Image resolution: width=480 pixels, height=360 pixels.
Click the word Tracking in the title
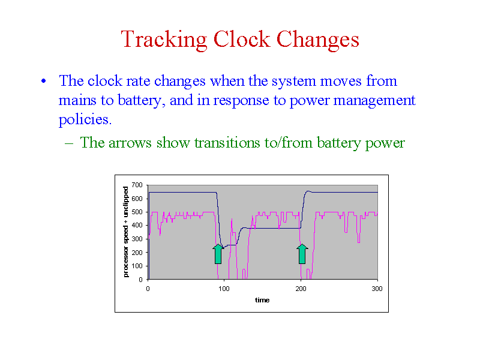click(x=164, y=40)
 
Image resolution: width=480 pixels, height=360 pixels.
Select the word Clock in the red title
click(x=242, y=39)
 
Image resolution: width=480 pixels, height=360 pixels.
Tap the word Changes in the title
click(x=318, y=40)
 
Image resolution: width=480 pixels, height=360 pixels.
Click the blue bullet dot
click(x=44, y=81)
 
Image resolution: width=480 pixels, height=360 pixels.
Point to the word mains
click(x=77, y=101)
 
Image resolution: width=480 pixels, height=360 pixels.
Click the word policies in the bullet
click(x=85, y=120)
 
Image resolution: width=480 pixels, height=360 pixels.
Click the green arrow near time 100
click(x=218, y=254)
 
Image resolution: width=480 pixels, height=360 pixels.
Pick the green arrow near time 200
click(x=302, y=254)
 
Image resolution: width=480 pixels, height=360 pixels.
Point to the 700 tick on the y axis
click(x=137, y=185)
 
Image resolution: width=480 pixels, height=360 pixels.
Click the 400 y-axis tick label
click(x=137, y=226)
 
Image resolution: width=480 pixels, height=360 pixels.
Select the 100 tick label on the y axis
click(x=137, y=266)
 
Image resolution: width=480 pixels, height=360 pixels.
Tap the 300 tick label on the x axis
click(x=377, y=289)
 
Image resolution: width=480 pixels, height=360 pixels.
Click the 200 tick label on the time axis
click(x=301, y=289)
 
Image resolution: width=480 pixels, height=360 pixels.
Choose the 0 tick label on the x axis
click(x=148, y=289)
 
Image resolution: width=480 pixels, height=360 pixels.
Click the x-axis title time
click(x=262, y=301)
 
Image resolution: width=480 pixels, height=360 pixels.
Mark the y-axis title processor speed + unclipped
click(x=126, y=232)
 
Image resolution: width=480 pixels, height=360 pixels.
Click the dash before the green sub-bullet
click(x=69, y=143)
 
